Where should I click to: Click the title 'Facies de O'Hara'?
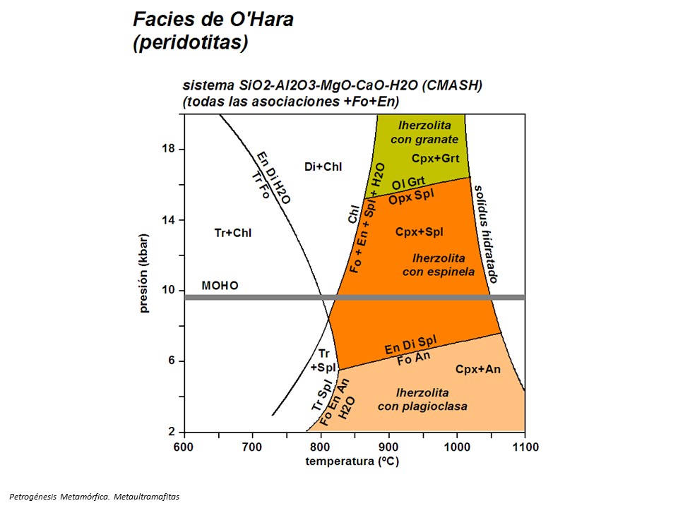(213, 19)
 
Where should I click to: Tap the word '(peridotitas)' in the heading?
(191, 42)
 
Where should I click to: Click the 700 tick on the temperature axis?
(252, 447)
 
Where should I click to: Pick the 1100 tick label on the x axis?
(524, 447)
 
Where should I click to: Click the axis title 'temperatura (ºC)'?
(353, 462)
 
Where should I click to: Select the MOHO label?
(220, 286)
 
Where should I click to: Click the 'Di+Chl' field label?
(323, 167)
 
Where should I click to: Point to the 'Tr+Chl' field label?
(232, 233)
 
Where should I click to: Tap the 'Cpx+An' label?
(477, 368)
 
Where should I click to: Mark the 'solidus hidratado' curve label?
(485, 234)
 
